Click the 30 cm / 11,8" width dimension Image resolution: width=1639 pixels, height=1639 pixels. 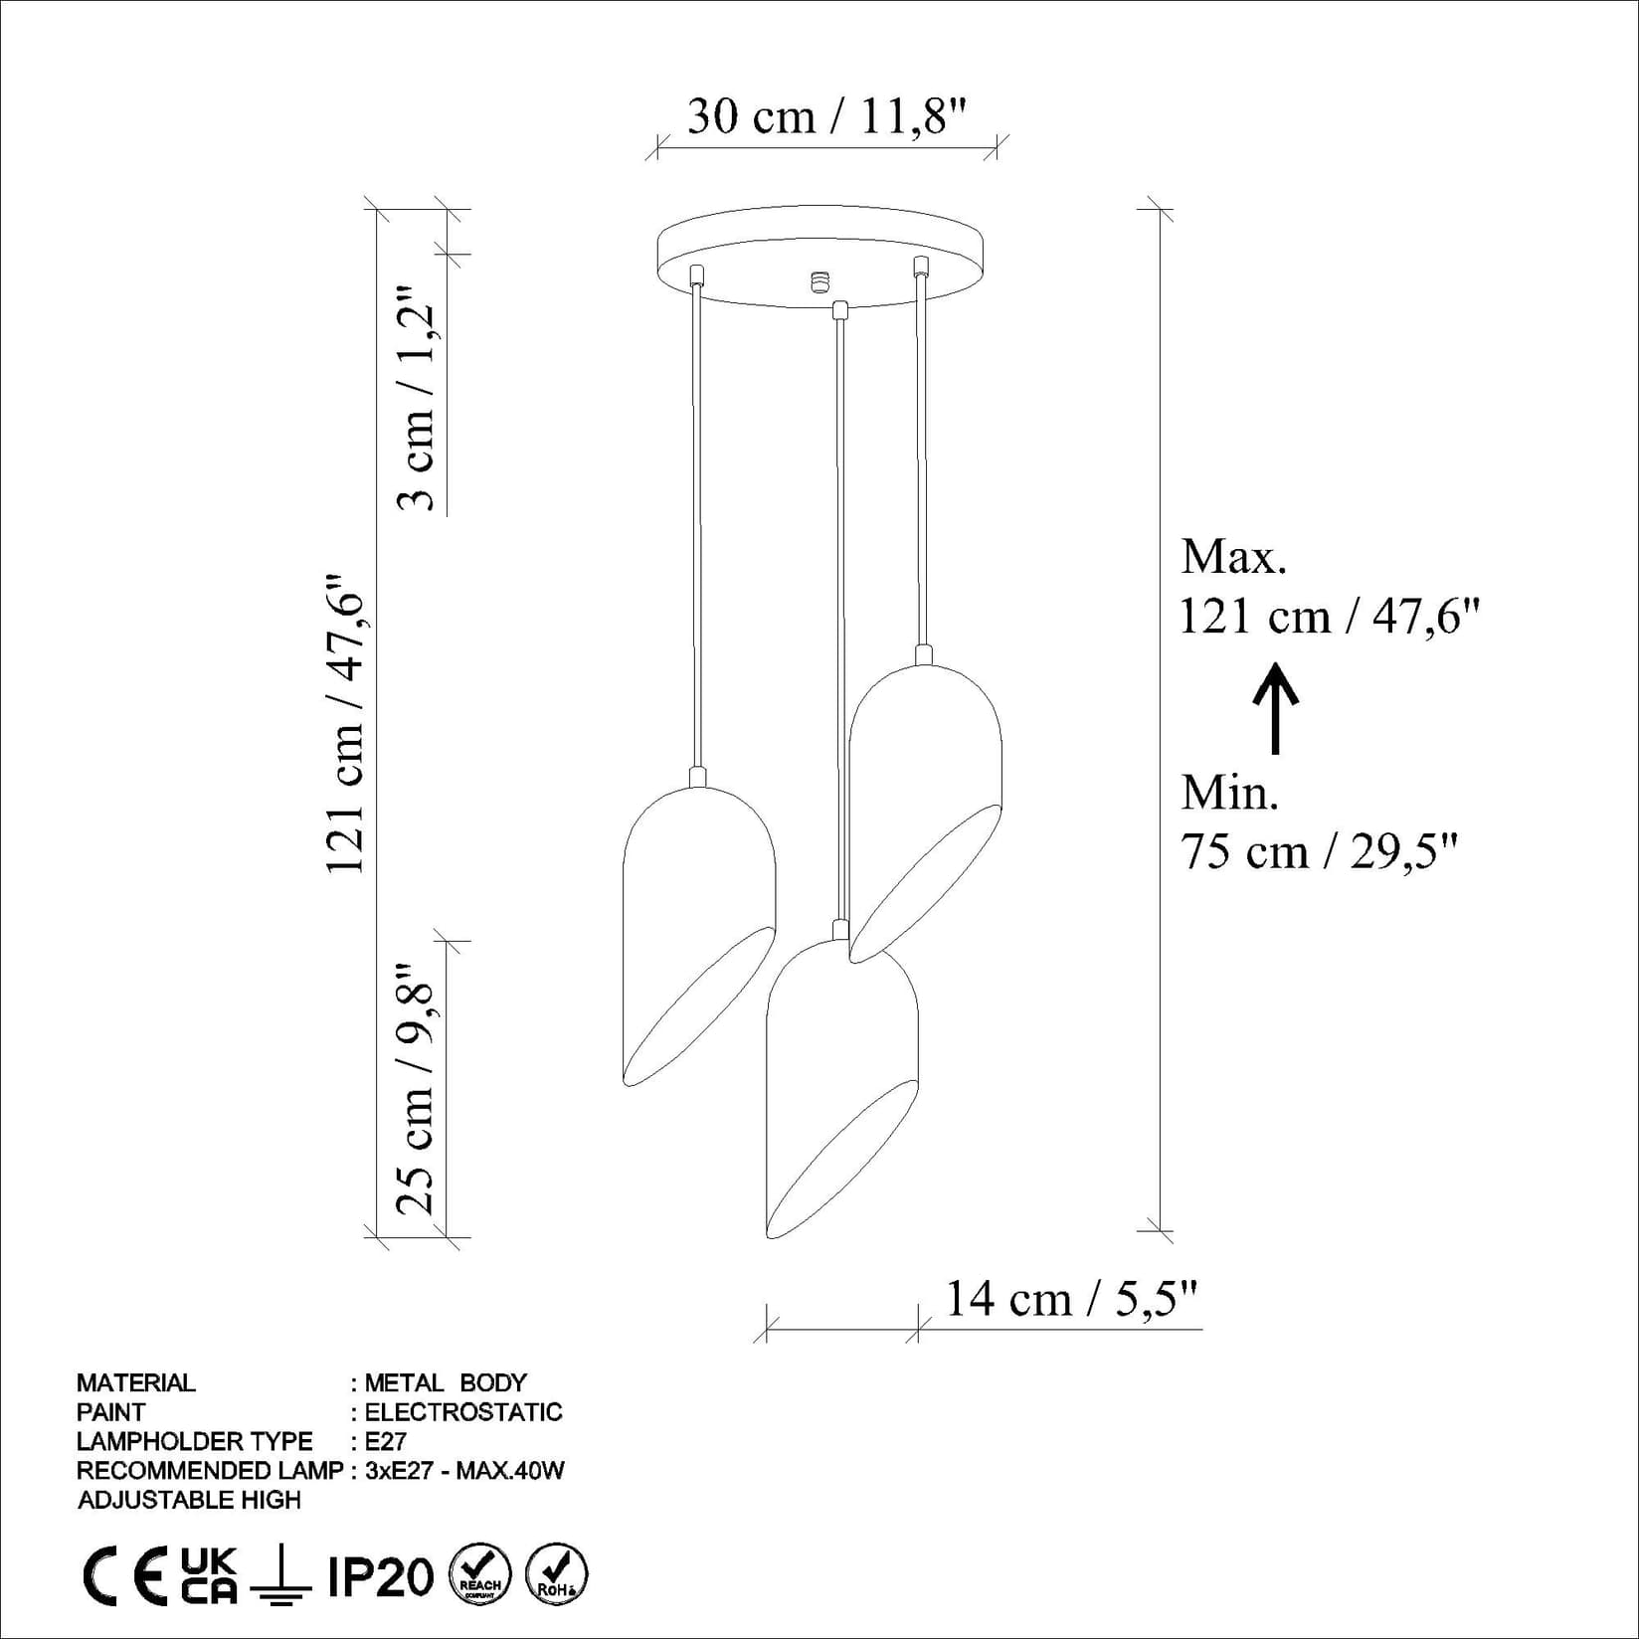pyautogui.click(x=826, y=117)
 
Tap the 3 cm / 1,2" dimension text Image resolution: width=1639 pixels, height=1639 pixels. pyautogui.click(x=417, y=400)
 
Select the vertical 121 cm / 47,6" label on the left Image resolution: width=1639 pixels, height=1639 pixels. pyautogui.click(x=346, y=723)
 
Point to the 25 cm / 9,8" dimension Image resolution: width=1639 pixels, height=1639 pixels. pyautogui.click(x=417, y=1088)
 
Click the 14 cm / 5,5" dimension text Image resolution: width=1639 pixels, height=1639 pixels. pyautogui.click(x=1070, y=1299)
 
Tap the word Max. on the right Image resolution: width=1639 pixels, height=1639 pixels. pyautogui.click(x=1233, y=557)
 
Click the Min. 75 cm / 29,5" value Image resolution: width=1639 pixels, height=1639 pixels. pyautogui.click(x=1318, y=852)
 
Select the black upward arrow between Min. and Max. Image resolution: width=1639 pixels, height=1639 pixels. pyautogui.click(x=1275, y=708)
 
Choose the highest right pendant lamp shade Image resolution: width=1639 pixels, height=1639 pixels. pyautogui.click(x=925, y=806)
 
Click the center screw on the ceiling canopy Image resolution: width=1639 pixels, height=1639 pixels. pyautogui.click(x=820, y=281)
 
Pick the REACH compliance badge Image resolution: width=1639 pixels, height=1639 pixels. pyautogui.click(x=480, y=1575)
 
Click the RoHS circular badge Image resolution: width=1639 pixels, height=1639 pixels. pyautogui.click(x=556, y=1574)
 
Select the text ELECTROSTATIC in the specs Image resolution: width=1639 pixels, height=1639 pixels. pyautogui.click(x=463, y=1412)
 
